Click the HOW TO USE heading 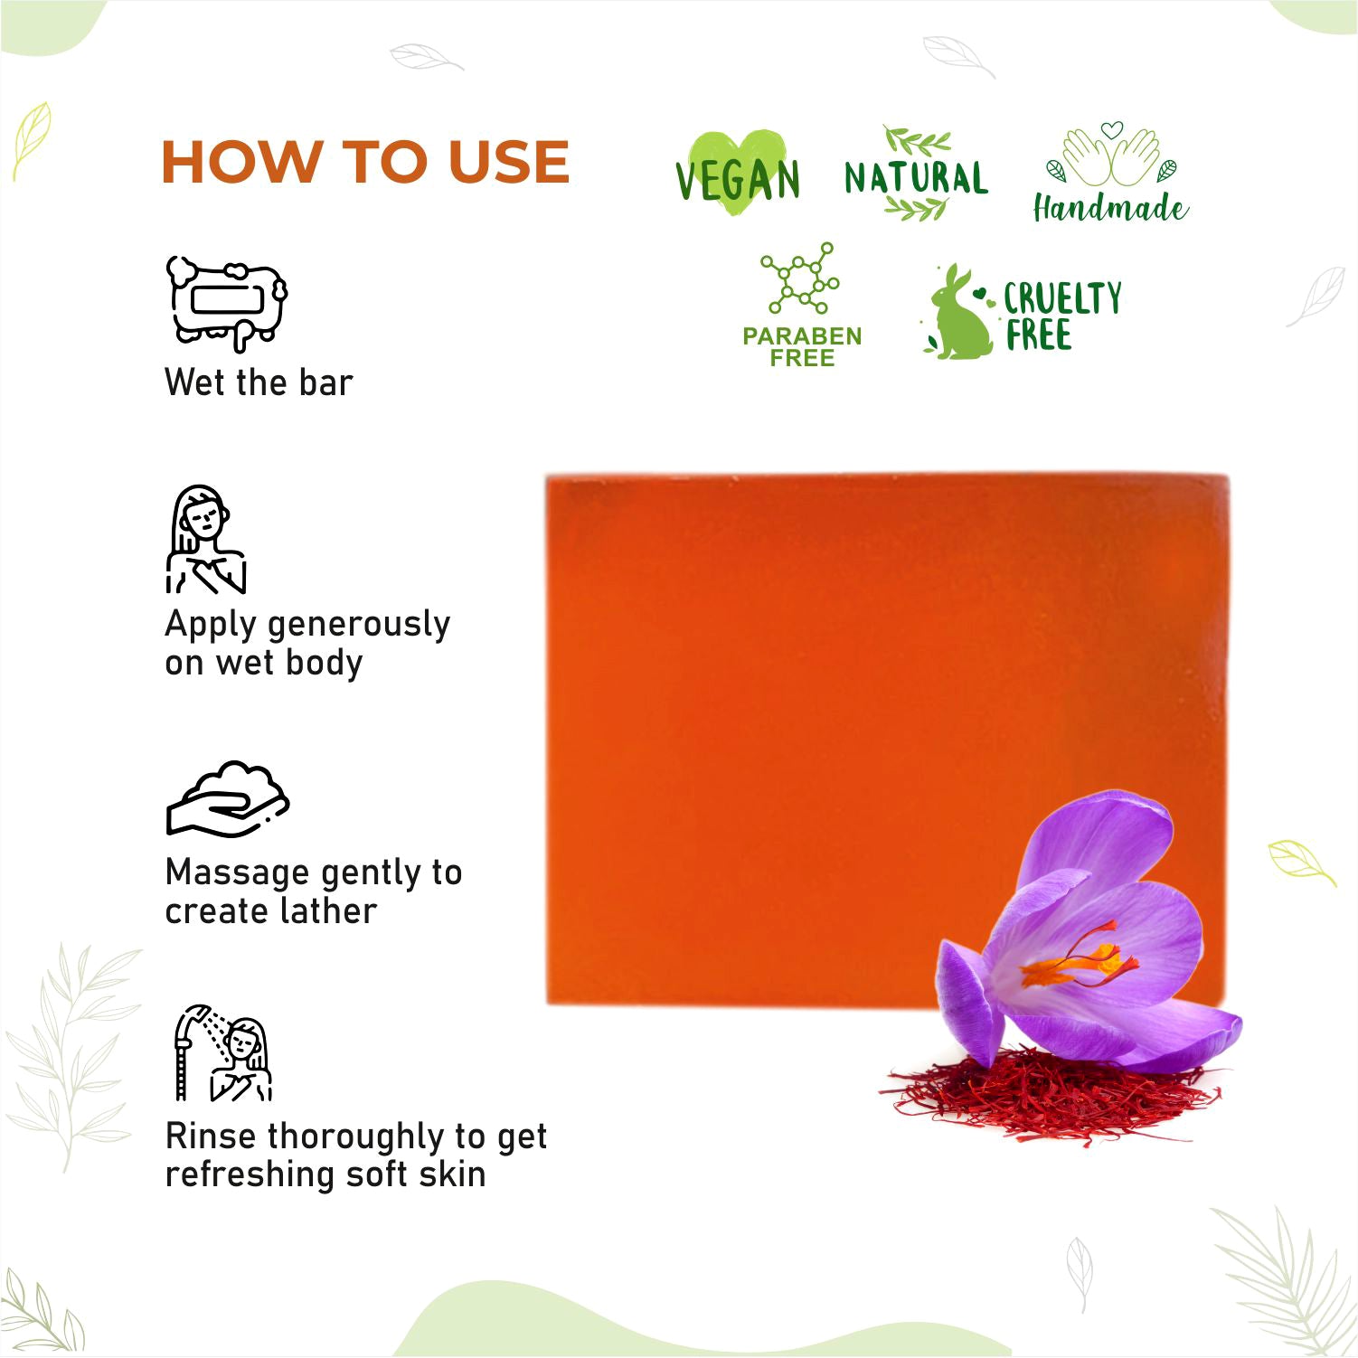click(x=365, y=162)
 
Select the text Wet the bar click(x=259, y=382)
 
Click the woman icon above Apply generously click(x=206, y=540)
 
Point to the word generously click(x=359, y=626)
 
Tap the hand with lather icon click(x=228, y=798)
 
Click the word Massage click(x=238, y=874)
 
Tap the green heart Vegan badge click(x=738, y=174)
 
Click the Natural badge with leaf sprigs click(x=916, y=174)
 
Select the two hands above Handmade click(x=1111, y=155)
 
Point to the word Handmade click(x=1110, y=208)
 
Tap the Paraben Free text click(x=802, y=346)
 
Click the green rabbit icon click(x=957, y=313)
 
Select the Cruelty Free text click(x=1062, y=316)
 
